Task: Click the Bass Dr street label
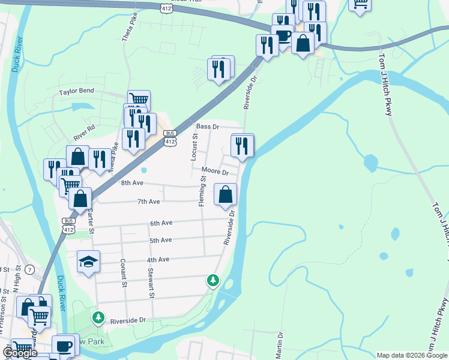[x=208, y=127]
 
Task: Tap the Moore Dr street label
[x=215, y=172]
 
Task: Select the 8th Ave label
[x=133, y=182]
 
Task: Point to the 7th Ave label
[x=149, y=202]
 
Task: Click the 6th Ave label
[x=161, y=223]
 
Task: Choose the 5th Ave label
[x=161, y=240]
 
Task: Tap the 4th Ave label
[x=158, y=259]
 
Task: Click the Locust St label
[x=194, y=148]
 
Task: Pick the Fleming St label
[x=202, y=191]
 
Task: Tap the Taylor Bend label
[x=76, y=92]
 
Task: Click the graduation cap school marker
[x=88, y=262]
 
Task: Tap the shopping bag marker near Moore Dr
[x=226, y=195]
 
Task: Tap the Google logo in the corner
[x=20, y=353]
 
